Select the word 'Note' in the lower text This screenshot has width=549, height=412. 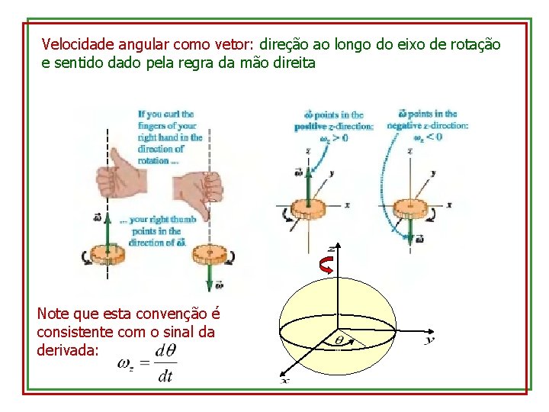[53, 314]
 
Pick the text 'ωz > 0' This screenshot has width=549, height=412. [333, 138]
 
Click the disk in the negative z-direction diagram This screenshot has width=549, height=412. [412, 207]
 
